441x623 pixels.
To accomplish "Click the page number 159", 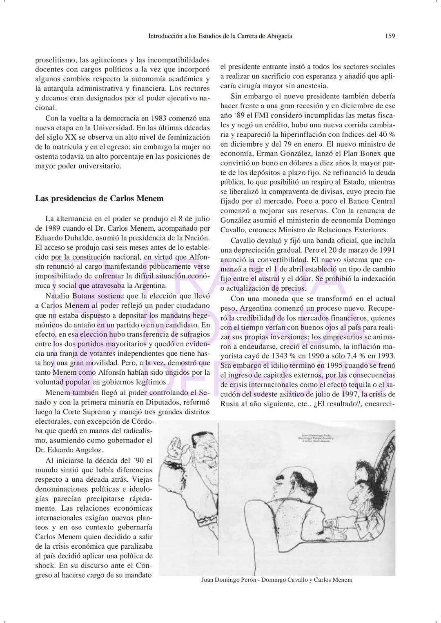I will coord(390,36).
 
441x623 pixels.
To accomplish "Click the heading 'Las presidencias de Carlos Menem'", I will coord(99,199).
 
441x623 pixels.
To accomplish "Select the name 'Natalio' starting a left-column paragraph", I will coord(58,296).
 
